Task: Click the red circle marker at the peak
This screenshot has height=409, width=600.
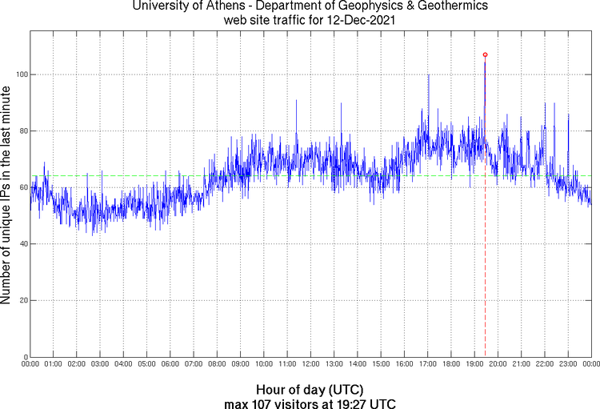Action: click(x=485, y=54)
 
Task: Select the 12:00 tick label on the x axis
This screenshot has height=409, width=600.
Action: click(x=310, y=364)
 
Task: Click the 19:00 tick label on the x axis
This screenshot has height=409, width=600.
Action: click(x=474, y=364)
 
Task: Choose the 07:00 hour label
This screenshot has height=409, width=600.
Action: click(x=194, y=364)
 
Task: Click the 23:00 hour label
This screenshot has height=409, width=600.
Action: click(x=568, y=364)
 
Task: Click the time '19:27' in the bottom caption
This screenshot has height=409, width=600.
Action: click(x=353, y=402)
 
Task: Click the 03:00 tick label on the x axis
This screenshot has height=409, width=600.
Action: click(x=100, y=364)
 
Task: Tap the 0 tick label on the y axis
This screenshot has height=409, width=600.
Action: click(x=24, y=357)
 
